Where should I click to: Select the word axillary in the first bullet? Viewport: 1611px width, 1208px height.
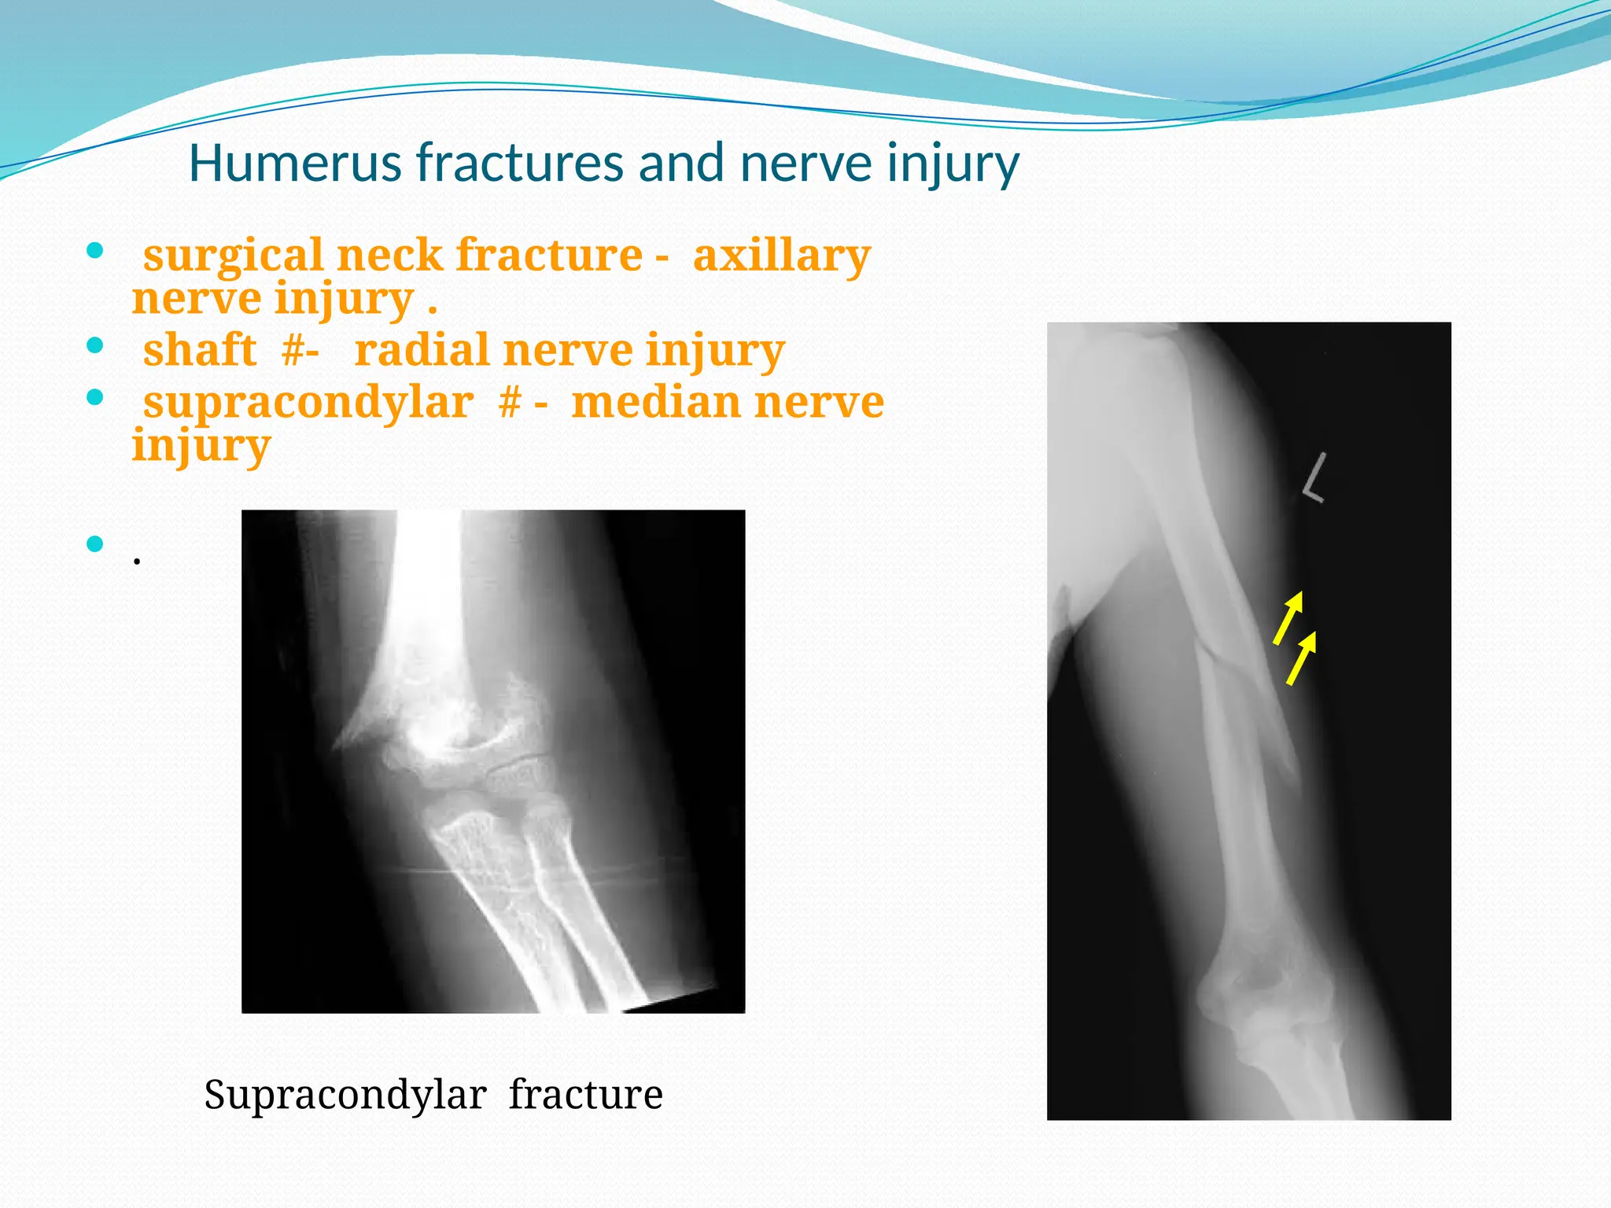coord(781,256)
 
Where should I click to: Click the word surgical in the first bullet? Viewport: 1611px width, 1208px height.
coord(234,256)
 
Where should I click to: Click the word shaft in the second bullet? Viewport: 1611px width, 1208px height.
coord(200,350)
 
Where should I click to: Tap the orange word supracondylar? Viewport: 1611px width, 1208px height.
coord(308,403)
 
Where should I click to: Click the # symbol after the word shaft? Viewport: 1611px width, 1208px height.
coord(293,350)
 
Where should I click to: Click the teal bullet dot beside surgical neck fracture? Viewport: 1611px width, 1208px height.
coord(95,252)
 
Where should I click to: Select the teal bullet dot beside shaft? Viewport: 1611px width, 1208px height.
coord(95,345)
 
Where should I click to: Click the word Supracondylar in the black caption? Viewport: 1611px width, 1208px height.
coord(345,1095)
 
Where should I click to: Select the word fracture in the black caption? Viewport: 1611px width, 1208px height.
coord(585,1095)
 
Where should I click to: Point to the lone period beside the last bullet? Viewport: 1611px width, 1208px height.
coord(137,560)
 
